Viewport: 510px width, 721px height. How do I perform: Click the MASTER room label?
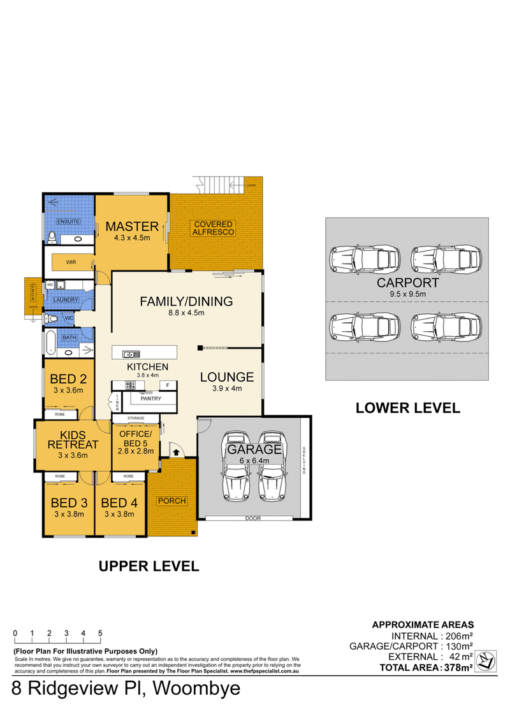pyautogui.click(x=132, y=226)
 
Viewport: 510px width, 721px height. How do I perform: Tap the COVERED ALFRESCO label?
pyautogui.click(x=214, y=228)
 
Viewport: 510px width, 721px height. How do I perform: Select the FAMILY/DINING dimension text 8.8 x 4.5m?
pyautogui.click(x=186, y=313)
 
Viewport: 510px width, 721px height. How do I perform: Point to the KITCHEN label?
pyautogui.click(x=147, y=367)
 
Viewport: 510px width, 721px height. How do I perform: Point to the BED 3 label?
pyautogui.click(x=68, y=503)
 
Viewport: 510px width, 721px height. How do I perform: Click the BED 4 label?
pyautogui.click(x=119, y=503)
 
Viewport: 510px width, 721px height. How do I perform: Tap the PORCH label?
pyautogui.click(x=172, y=501)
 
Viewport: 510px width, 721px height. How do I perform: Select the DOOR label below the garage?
pyautogui.click(x=253, y=518)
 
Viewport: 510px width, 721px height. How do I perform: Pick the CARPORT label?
pyautogui.click(x=407, y=283)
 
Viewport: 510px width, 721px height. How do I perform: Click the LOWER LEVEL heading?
pyautogui.click(x=407, y=408)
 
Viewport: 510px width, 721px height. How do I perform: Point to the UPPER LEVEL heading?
pyautogui.click(x=148, y=565)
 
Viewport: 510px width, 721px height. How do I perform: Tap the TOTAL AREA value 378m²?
pyautogui.click(x=457, y=667)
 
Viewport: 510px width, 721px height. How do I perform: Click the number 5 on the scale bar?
pyautogui.click(x=100, y=633)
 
